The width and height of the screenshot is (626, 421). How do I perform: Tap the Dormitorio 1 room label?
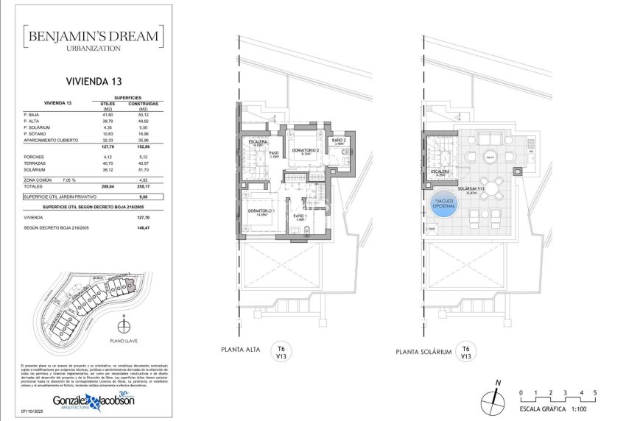[x=261, y=211]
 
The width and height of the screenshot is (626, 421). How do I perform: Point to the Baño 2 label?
[x=339, y=141]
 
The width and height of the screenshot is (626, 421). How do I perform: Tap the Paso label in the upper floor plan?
[x=274, y=154]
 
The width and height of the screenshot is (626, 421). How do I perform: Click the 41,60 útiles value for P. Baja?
[x=108, y=115]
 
